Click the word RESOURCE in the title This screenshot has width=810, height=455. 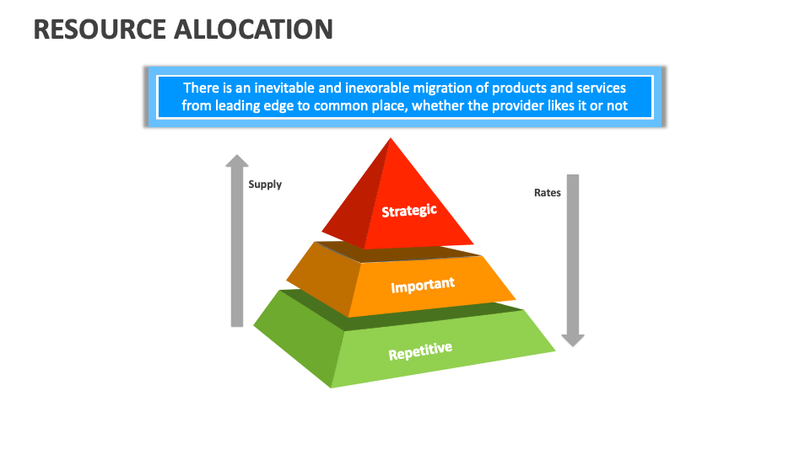[100, 29]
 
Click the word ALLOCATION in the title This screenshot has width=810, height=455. [254, 29]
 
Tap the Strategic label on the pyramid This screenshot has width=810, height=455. [409, 211]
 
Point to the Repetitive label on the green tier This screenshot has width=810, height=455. [420, 351]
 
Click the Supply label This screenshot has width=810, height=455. [265, 185]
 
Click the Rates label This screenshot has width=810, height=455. [548, 192]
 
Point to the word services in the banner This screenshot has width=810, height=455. [602, 88]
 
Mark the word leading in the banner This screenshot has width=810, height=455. [238, 106]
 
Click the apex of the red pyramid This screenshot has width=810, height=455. [391, 137]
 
